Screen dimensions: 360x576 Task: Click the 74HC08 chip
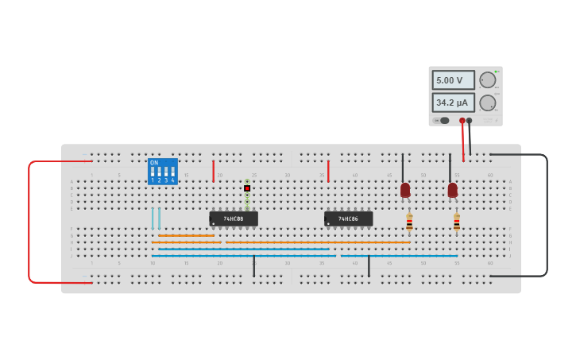coord(233,219)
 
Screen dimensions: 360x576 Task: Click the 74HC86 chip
coord(348,219)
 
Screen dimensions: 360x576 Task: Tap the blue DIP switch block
coord(163,172)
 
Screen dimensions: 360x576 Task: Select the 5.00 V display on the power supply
coord(453,80)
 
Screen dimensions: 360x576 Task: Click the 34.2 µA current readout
coord(453,103)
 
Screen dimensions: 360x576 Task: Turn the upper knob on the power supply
coord(487,80)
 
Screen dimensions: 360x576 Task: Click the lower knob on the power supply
coord(487,103)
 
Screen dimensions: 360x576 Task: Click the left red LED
coord(405,190)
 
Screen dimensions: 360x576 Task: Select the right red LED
coord(452,190)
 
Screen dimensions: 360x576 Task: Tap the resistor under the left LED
coord(409,222)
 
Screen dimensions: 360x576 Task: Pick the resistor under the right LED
coord(457,222)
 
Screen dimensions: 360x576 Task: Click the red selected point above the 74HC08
coord(247,188)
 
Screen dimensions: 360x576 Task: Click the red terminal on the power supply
coord(462,121)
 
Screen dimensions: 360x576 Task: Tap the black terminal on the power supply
coord(469,121)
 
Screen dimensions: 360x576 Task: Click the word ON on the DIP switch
coord(153,162)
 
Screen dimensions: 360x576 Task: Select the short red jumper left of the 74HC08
coord(213,171)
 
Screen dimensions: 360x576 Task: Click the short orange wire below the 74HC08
coord(186,235)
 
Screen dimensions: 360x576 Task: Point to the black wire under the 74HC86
coord(369,266)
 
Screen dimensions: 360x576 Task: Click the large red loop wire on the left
coord(29,223)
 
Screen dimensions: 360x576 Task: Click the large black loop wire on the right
coord(547,215)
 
